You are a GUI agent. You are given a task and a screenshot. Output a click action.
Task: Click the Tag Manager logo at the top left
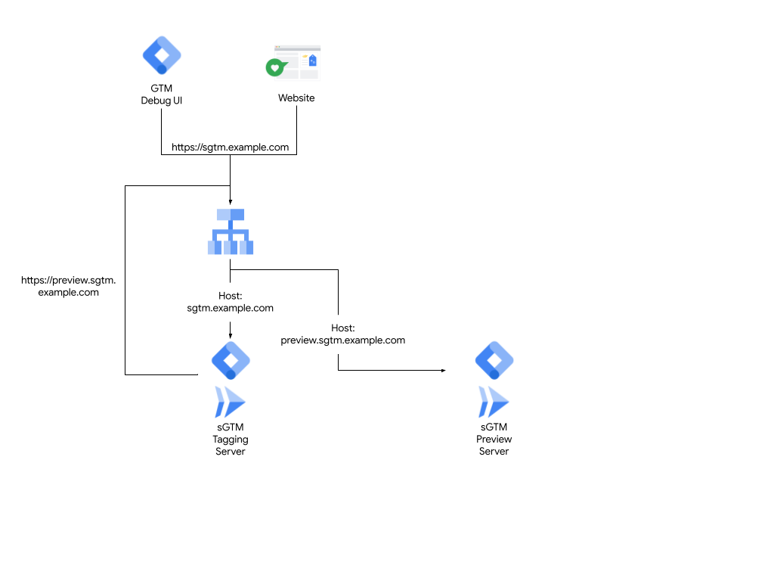[x=162, y=55]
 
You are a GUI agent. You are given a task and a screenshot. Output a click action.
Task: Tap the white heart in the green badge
[x=275, y=68]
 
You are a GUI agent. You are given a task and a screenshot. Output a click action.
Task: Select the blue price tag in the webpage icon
[x=312, y=61]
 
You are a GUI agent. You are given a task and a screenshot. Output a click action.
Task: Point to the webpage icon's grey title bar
[x=297, y=47]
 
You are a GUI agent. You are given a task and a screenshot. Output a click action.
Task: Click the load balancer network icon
[x=231, y=231]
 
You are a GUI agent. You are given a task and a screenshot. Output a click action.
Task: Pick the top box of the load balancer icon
[x=231, y=214]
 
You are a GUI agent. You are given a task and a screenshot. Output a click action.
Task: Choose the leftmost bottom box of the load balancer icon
[x=212, y=247]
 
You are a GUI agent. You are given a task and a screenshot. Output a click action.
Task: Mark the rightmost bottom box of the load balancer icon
[x=249, y=247]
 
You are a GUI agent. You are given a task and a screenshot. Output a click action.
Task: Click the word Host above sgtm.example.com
[x=230, y=296]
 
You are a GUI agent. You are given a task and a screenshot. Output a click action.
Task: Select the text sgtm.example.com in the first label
[x=230, y=309]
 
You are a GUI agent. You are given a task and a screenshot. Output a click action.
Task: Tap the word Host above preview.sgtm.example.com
[x=342, y=328]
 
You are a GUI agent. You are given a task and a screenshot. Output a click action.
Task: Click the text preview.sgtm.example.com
[x=342, y=340]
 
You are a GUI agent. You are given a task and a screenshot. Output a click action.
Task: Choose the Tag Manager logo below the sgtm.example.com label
[x=231, y=360]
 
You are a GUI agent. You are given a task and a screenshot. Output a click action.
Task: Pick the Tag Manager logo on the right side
[x=494, y=360]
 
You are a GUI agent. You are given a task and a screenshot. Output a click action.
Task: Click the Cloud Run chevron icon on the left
[x=230, y=402]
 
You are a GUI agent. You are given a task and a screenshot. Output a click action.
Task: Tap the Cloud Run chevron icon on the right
[x=494, y=402]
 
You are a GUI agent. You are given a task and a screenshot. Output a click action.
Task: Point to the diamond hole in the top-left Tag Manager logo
[x=162, y=54]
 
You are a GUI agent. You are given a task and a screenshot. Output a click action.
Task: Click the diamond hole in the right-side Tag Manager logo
[x=494, y=359]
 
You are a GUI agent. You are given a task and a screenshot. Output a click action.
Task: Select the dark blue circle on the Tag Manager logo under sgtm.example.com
[x=231, y=374]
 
